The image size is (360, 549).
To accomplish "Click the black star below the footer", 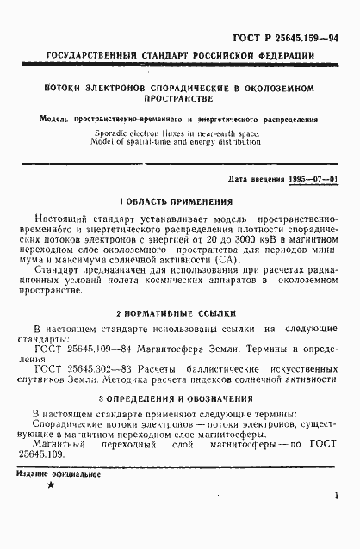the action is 50,510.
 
